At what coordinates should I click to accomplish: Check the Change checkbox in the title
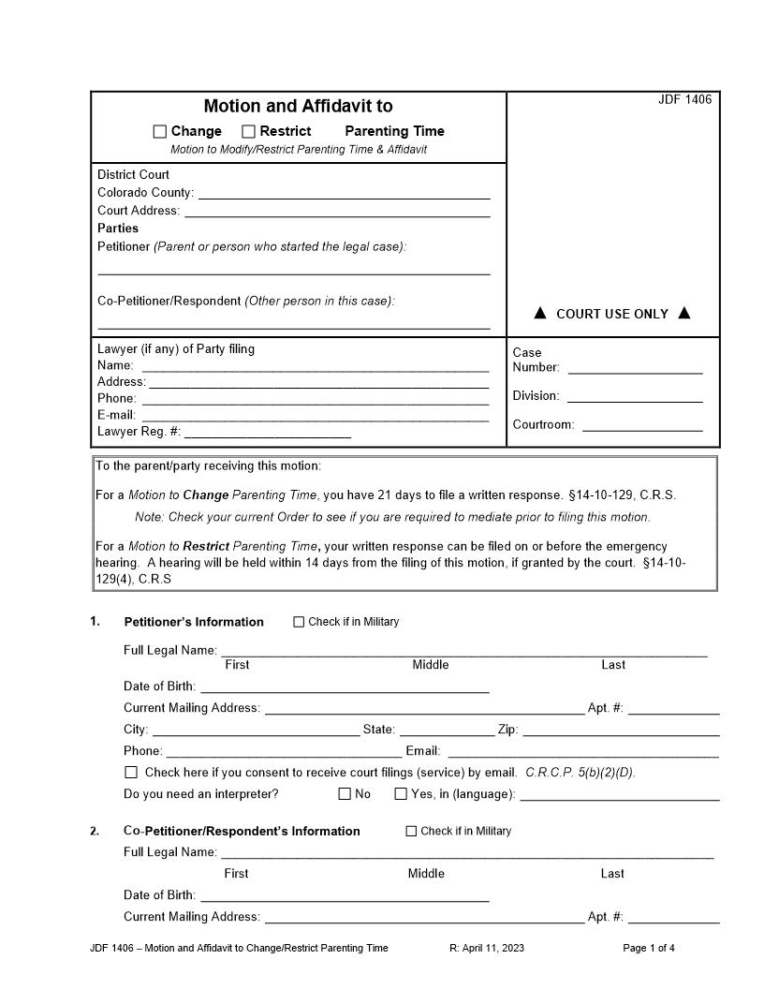coord(160,132)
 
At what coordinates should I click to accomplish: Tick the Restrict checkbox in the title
coord(249,132)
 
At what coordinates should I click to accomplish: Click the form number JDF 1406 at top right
coord(684,100)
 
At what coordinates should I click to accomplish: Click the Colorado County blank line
coord(344,194)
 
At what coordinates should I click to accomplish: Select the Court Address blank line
coord(337,212)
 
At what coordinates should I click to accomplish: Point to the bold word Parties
coord(118,229)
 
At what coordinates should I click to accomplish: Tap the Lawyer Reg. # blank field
coord(268,433)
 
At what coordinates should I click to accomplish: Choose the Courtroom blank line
coord(641,425)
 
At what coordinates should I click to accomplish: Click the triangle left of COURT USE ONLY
coord(540,313)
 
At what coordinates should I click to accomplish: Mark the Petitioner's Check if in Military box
coord(300,622)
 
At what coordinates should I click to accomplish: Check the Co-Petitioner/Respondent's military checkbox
coord(411,831)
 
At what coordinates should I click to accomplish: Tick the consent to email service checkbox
coord(131,773)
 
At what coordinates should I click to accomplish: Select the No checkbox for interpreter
coord(345,794)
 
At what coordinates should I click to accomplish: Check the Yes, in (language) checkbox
coord(401,794)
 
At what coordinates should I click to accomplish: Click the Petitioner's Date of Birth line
coord(345,687)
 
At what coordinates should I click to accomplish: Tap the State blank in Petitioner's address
coord(448,731)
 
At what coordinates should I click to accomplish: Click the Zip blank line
coord(621,731)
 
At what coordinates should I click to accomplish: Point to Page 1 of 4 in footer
coord(649,948)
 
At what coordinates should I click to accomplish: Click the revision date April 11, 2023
coord(487,948)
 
